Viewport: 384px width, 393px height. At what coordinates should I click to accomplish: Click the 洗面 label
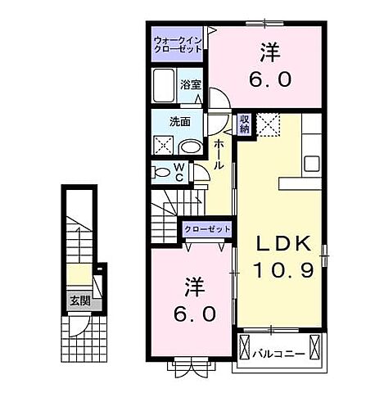[x=180, y=122]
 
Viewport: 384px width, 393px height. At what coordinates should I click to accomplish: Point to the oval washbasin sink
[x=189, y=147]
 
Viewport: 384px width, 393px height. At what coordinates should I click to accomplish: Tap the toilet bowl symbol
[x=161, y=172]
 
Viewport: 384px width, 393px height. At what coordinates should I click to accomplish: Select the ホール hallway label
[x=220, y=154]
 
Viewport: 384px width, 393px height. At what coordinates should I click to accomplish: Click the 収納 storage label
[x=244, y=124]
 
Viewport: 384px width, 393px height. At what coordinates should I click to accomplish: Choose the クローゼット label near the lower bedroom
[x=206, y=229]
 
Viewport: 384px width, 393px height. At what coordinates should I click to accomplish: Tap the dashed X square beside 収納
[x=268, y=124]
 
